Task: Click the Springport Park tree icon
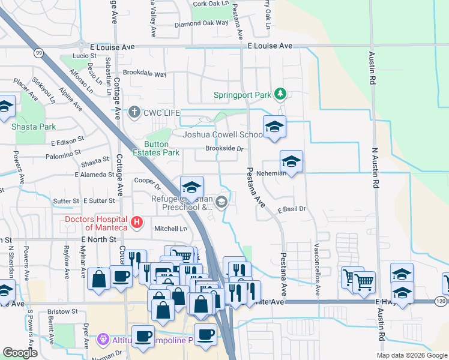(x=279, y=94)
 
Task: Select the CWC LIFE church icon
(x=134, y=112)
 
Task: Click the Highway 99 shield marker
(x=39, y=53)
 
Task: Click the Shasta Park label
(x=34, y=127)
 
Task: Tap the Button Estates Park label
(x=161, y=152)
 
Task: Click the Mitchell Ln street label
(x=171, y=229)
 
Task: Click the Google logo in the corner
(x=20, y=353)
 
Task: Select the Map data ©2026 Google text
(x=412, y=355)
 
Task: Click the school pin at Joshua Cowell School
(x=274, y=127)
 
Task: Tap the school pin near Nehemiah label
(x=291, y=161)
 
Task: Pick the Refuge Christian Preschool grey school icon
(x=222, y=202)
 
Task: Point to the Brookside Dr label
(x=224, y=148)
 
